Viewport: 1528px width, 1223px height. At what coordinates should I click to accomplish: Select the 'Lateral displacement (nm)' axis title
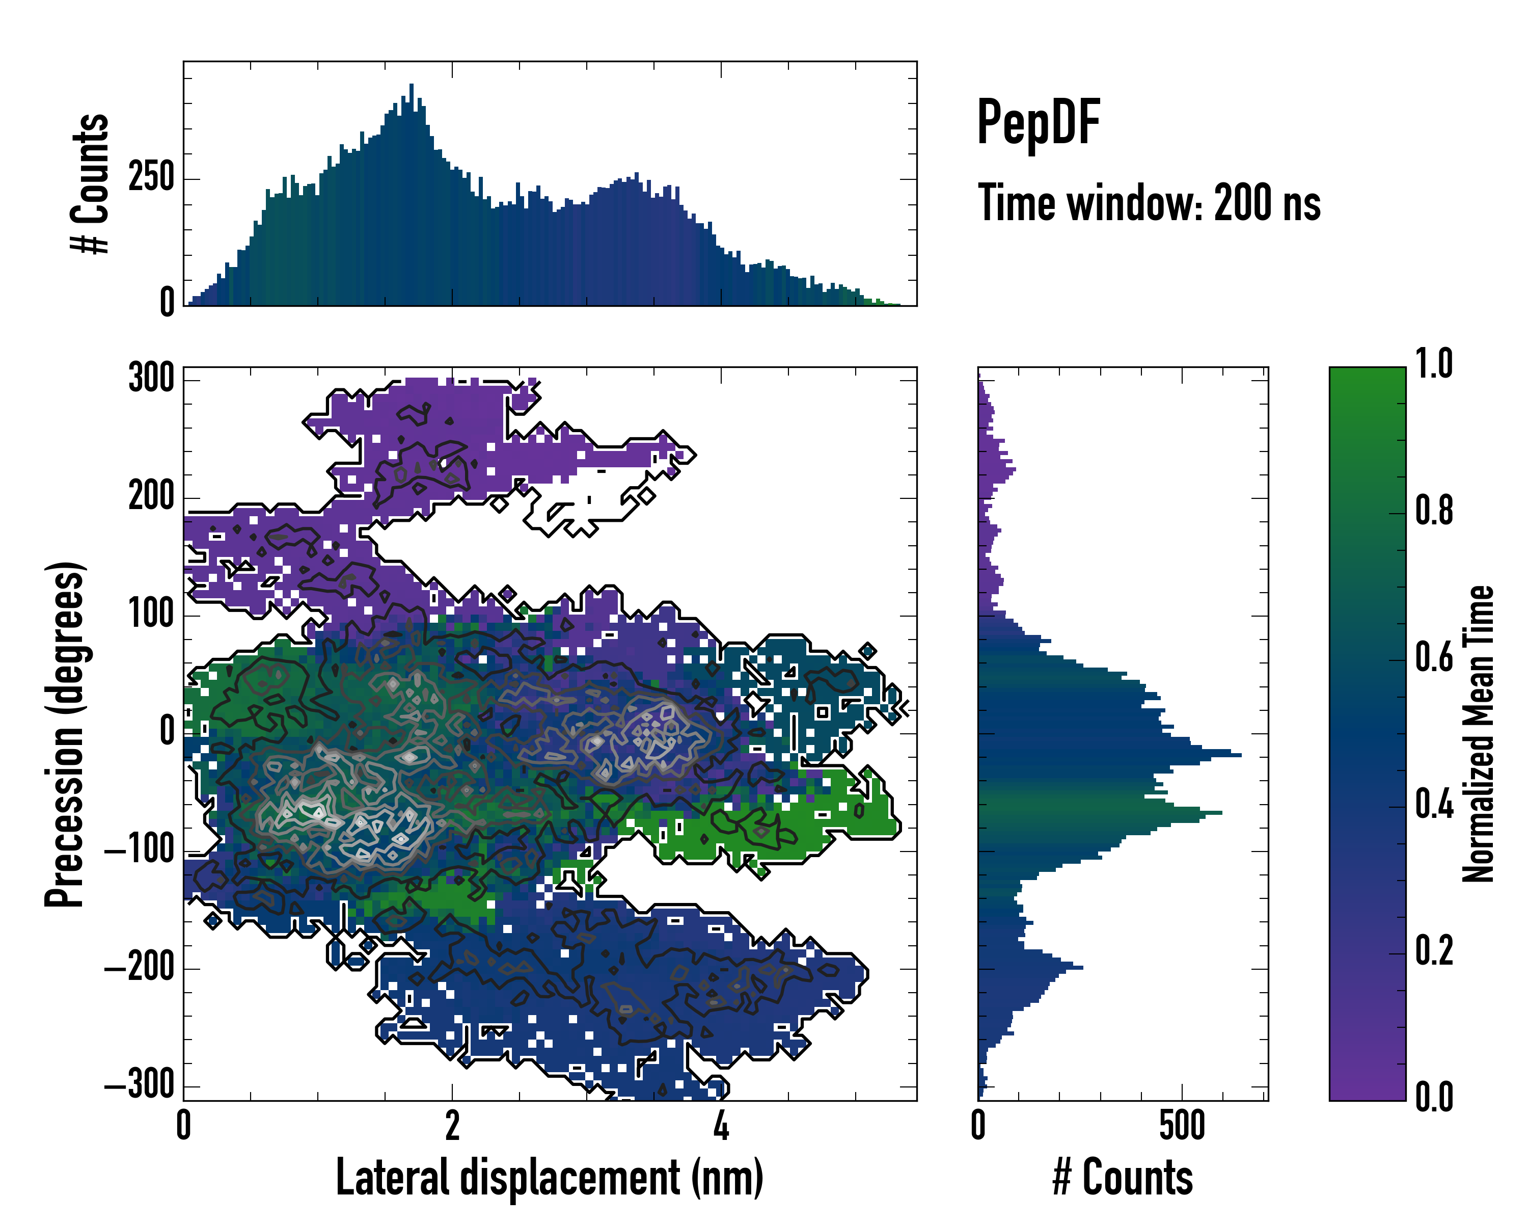tap(549, 1178)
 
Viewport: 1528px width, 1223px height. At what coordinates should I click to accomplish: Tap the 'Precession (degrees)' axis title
tap(65, 733)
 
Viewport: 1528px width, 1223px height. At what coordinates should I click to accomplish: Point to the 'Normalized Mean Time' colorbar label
tap(1478, 733)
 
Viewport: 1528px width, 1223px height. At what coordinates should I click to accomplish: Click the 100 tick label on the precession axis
tap(151, 614)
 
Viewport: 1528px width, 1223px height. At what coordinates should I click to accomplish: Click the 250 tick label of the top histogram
tap(151, 177)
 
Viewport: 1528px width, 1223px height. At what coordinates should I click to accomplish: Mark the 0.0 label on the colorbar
tap(1434, 1097)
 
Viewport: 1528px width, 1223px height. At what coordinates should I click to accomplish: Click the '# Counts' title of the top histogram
tap(90, 183)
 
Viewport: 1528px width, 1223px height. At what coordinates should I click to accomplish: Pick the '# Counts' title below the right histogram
tap(1122, 1178)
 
